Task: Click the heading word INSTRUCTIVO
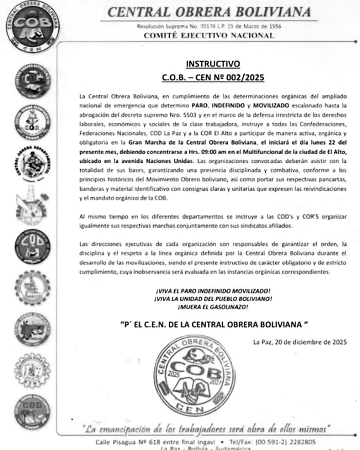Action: tap(212, 65)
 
